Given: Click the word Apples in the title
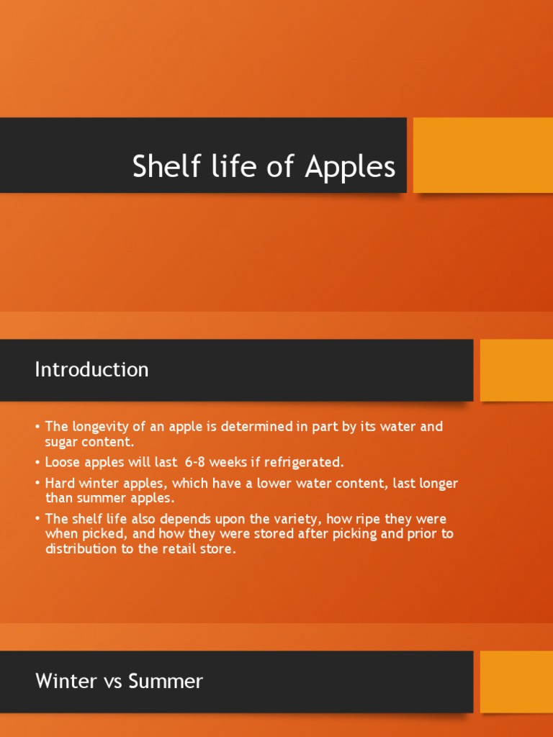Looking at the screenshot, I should pos(350,167).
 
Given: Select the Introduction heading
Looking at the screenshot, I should pos(91,369).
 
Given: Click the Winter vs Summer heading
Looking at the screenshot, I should pos(119,681).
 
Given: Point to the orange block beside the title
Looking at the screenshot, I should pos(482,155).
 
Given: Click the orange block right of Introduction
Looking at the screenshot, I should pos(516,370).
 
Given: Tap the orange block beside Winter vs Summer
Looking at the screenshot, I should pos(516,682).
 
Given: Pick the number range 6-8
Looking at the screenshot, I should pos(197,462).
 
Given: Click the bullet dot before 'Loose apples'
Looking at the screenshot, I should pos(37,463).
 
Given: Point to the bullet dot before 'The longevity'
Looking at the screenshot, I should pos(37,428).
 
